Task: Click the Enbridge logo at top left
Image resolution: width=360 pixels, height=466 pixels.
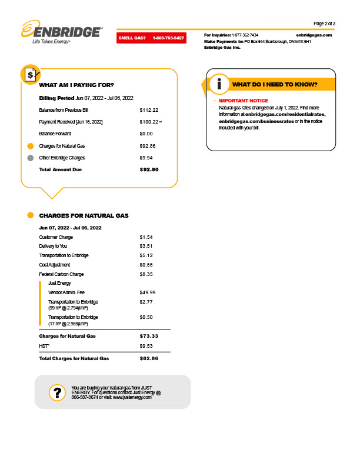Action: (61, 32)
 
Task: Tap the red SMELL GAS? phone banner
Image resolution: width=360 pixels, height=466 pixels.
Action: (151, 38)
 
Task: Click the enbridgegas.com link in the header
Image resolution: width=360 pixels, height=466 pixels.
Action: (314, 35)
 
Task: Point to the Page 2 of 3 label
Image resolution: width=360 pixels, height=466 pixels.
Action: (325, 24)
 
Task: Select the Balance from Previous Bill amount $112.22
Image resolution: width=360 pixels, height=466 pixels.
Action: (149, 110)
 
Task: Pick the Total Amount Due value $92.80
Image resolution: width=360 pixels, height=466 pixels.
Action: (149, 169)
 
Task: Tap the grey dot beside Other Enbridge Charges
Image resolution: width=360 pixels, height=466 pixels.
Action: (31, 158)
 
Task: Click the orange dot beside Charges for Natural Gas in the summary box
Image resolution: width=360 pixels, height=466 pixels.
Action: (31, 146)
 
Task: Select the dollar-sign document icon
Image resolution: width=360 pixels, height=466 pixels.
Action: (31, 74)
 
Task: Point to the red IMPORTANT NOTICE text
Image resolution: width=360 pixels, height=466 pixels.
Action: (243, 101)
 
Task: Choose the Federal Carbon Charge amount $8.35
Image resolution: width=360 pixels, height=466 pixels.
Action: (146, 274)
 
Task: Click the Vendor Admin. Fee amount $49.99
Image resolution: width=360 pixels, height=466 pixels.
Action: (148, 292)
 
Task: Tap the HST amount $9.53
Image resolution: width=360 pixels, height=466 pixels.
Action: (146, 346)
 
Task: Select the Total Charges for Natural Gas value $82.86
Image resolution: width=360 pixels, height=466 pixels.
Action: (149, 358)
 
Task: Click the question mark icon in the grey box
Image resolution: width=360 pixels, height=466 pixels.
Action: (57, 392)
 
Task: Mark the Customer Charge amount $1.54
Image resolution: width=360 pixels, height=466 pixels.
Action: (146, 237)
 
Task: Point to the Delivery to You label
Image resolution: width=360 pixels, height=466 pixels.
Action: (53, 246)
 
